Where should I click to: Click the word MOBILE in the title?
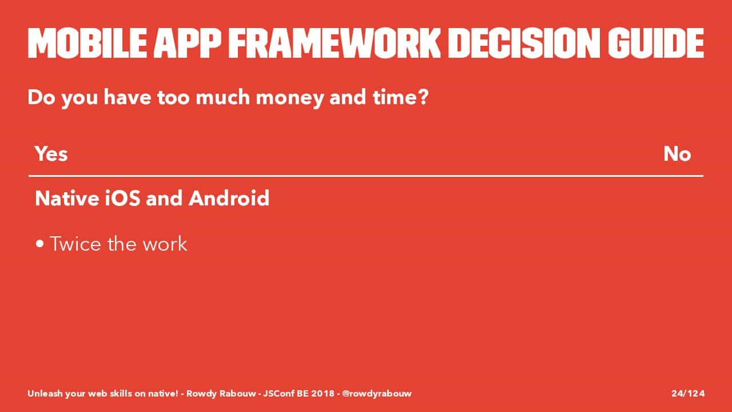87,43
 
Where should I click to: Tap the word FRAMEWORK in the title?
335,43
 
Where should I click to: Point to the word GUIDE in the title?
655,43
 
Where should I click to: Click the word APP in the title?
187,43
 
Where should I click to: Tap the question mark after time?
423,97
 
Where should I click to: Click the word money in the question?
289,99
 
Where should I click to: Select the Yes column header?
51,154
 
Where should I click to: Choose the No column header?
677,154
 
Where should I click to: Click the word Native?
67,198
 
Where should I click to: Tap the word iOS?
122,198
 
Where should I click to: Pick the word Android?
229,198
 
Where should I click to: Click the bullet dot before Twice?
40,244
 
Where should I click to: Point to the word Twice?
75,244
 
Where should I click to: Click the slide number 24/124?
688,393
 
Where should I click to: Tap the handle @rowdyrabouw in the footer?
377,394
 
